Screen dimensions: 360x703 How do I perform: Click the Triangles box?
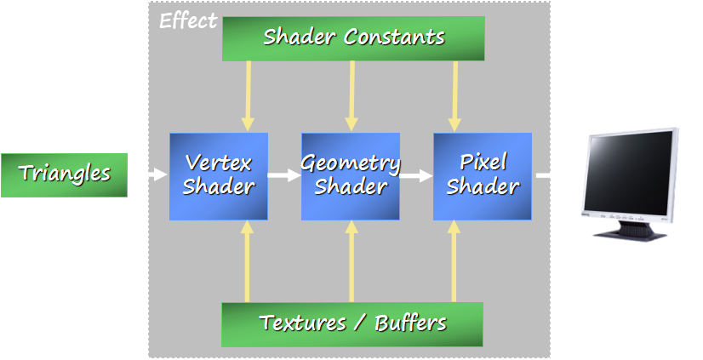pos(64,174)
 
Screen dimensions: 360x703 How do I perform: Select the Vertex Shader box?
pos(219,175)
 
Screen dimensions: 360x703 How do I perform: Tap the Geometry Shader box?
pos(351,175)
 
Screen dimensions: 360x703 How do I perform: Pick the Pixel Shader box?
pos(483,175)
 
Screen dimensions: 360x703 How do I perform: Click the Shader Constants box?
pos(353,37)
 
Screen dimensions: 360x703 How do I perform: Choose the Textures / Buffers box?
pos(352,323)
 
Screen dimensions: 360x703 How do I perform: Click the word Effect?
pos(188,21)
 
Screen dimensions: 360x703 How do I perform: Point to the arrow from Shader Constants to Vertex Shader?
pos(248,95)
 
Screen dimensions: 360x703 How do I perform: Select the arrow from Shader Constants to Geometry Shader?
pos(351,95)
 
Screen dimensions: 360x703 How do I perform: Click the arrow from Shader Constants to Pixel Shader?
pos(454,95)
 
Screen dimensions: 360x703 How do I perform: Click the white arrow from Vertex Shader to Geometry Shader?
pos(284,176)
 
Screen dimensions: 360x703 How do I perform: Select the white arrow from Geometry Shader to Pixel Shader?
pos(417,176)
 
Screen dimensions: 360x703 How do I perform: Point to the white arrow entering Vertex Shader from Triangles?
pos(158,175)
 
